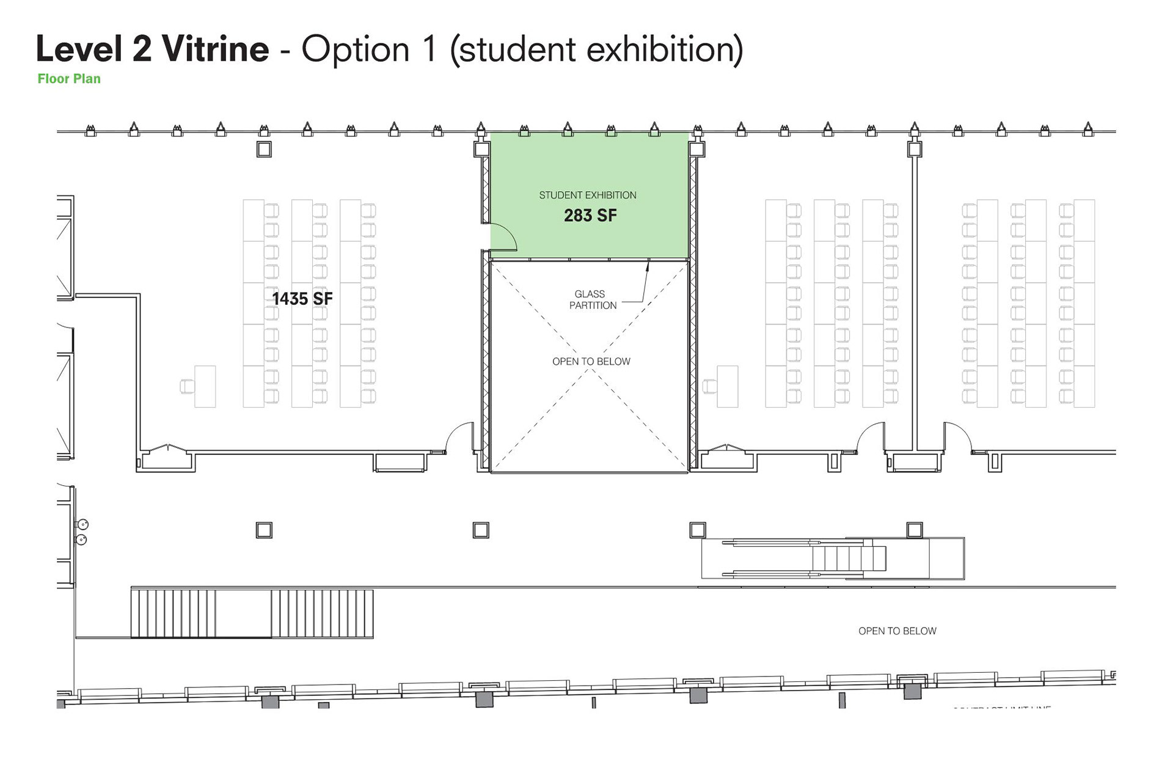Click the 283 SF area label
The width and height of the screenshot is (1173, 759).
click(x=590, y=216)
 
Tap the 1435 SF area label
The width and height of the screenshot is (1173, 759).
click(x=302, y=299)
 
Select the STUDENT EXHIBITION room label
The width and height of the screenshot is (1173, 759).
click(x=587, y=196)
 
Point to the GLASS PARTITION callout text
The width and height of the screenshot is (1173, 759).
click(x=592, y=299)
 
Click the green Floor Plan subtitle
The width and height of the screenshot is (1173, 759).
click(x=69, y=79)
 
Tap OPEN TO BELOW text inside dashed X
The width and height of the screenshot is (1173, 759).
click(x=591, y=362)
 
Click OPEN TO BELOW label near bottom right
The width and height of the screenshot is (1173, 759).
click(x=897, y=631)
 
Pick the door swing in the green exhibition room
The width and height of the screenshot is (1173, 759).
click(x=503, y=237)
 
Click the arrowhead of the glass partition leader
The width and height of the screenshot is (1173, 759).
click(x=648, y=264)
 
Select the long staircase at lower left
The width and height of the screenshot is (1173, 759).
click(x=252, y=614)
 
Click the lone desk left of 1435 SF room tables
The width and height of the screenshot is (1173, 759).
click(x=205, y=386)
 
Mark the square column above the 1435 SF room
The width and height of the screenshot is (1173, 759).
click(x=264, y=149)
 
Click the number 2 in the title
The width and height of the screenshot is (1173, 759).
click(x=141, y=49)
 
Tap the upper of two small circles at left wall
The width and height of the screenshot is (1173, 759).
click(x=82, y=524)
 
